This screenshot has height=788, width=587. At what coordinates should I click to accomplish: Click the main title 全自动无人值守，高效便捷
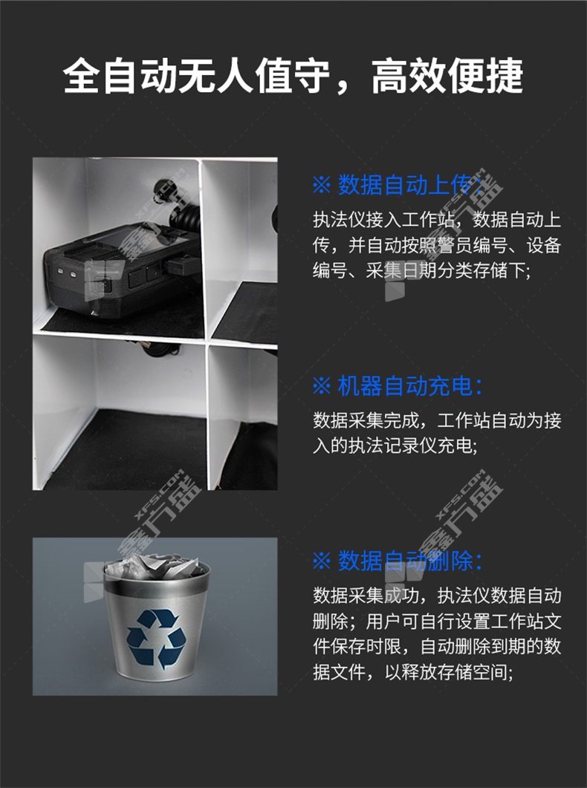click(293, 76)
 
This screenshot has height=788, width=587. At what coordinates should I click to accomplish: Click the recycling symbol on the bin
click(156, 639)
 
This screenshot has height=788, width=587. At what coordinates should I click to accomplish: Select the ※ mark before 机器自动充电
click(322, 387)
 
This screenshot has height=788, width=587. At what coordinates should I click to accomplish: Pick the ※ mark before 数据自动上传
click(322, 186)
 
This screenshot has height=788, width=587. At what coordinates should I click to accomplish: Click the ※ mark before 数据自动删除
click(322, 561)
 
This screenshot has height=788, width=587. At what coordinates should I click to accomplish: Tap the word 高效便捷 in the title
click(447, 76)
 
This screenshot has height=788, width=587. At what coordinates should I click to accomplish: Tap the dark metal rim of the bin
click(157, 583)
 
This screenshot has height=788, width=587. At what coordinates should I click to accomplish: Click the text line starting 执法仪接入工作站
click(437, 220)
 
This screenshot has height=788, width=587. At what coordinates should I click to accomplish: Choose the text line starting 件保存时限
click(437, 647)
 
